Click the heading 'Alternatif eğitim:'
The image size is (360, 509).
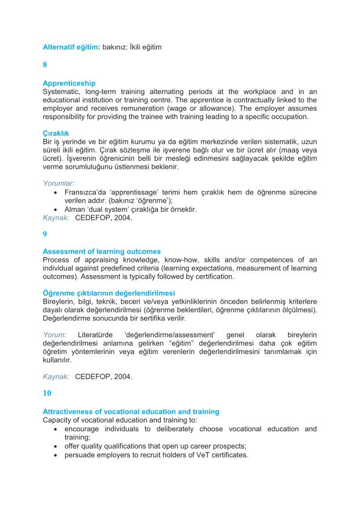[x=71, y=46]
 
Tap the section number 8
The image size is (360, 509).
[x=45, y=66]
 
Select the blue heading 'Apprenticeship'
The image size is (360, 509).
[x=69, y=84]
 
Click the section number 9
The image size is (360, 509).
[x=45, y=234]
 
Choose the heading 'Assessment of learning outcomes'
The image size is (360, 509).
[x=102, y=251]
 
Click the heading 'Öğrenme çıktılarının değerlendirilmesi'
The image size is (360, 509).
[x=109, y=293]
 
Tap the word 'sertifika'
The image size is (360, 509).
[x=173, y=318]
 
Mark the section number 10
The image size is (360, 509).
[x=47, y=393]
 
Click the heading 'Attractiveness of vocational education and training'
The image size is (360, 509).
[x=131, y=411]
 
